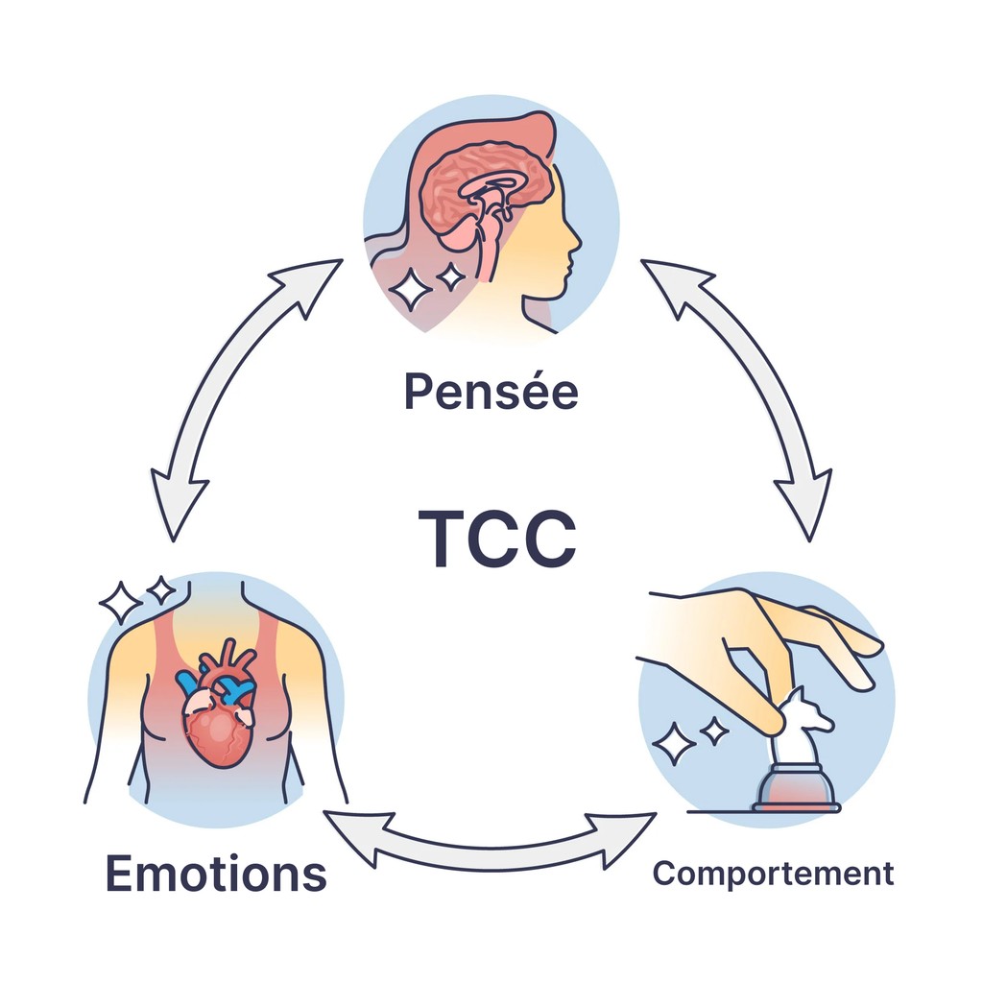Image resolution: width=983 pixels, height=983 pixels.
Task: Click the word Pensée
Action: [x=491, y=391]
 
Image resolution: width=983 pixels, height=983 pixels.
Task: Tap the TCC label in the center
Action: [x=497, y=538]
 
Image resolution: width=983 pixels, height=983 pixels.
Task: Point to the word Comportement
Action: [x=773, y=874]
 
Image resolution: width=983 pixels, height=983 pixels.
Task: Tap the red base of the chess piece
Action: [x=796, y=797]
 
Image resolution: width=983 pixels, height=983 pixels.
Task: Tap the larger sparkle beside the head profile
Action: [x=412, y=289]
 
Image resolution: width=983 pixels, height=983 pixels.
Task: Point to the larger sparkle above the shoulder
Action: [x=121, y=602]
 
